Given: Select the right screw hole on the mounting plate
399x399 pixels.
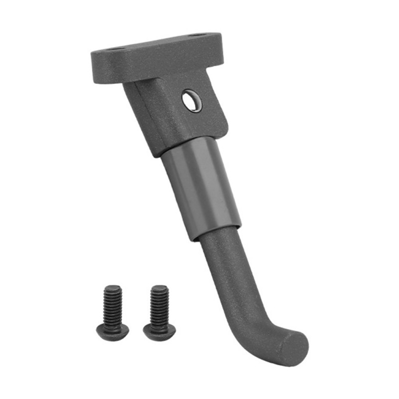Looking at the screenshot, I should coord(198,35).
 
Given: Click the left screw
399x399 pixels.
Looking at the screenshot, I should coord(112,312).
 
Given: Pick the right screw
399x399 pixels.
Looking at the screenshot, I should coord(159,312).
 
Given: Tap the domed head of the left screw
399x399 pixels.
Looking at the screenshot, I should coord(112,330).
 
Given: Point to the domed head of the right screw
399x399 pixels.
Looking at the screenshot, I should coord(159,330).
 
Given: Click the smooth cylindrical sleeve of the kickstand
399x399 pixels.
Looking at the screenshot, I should coord(202,187).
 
